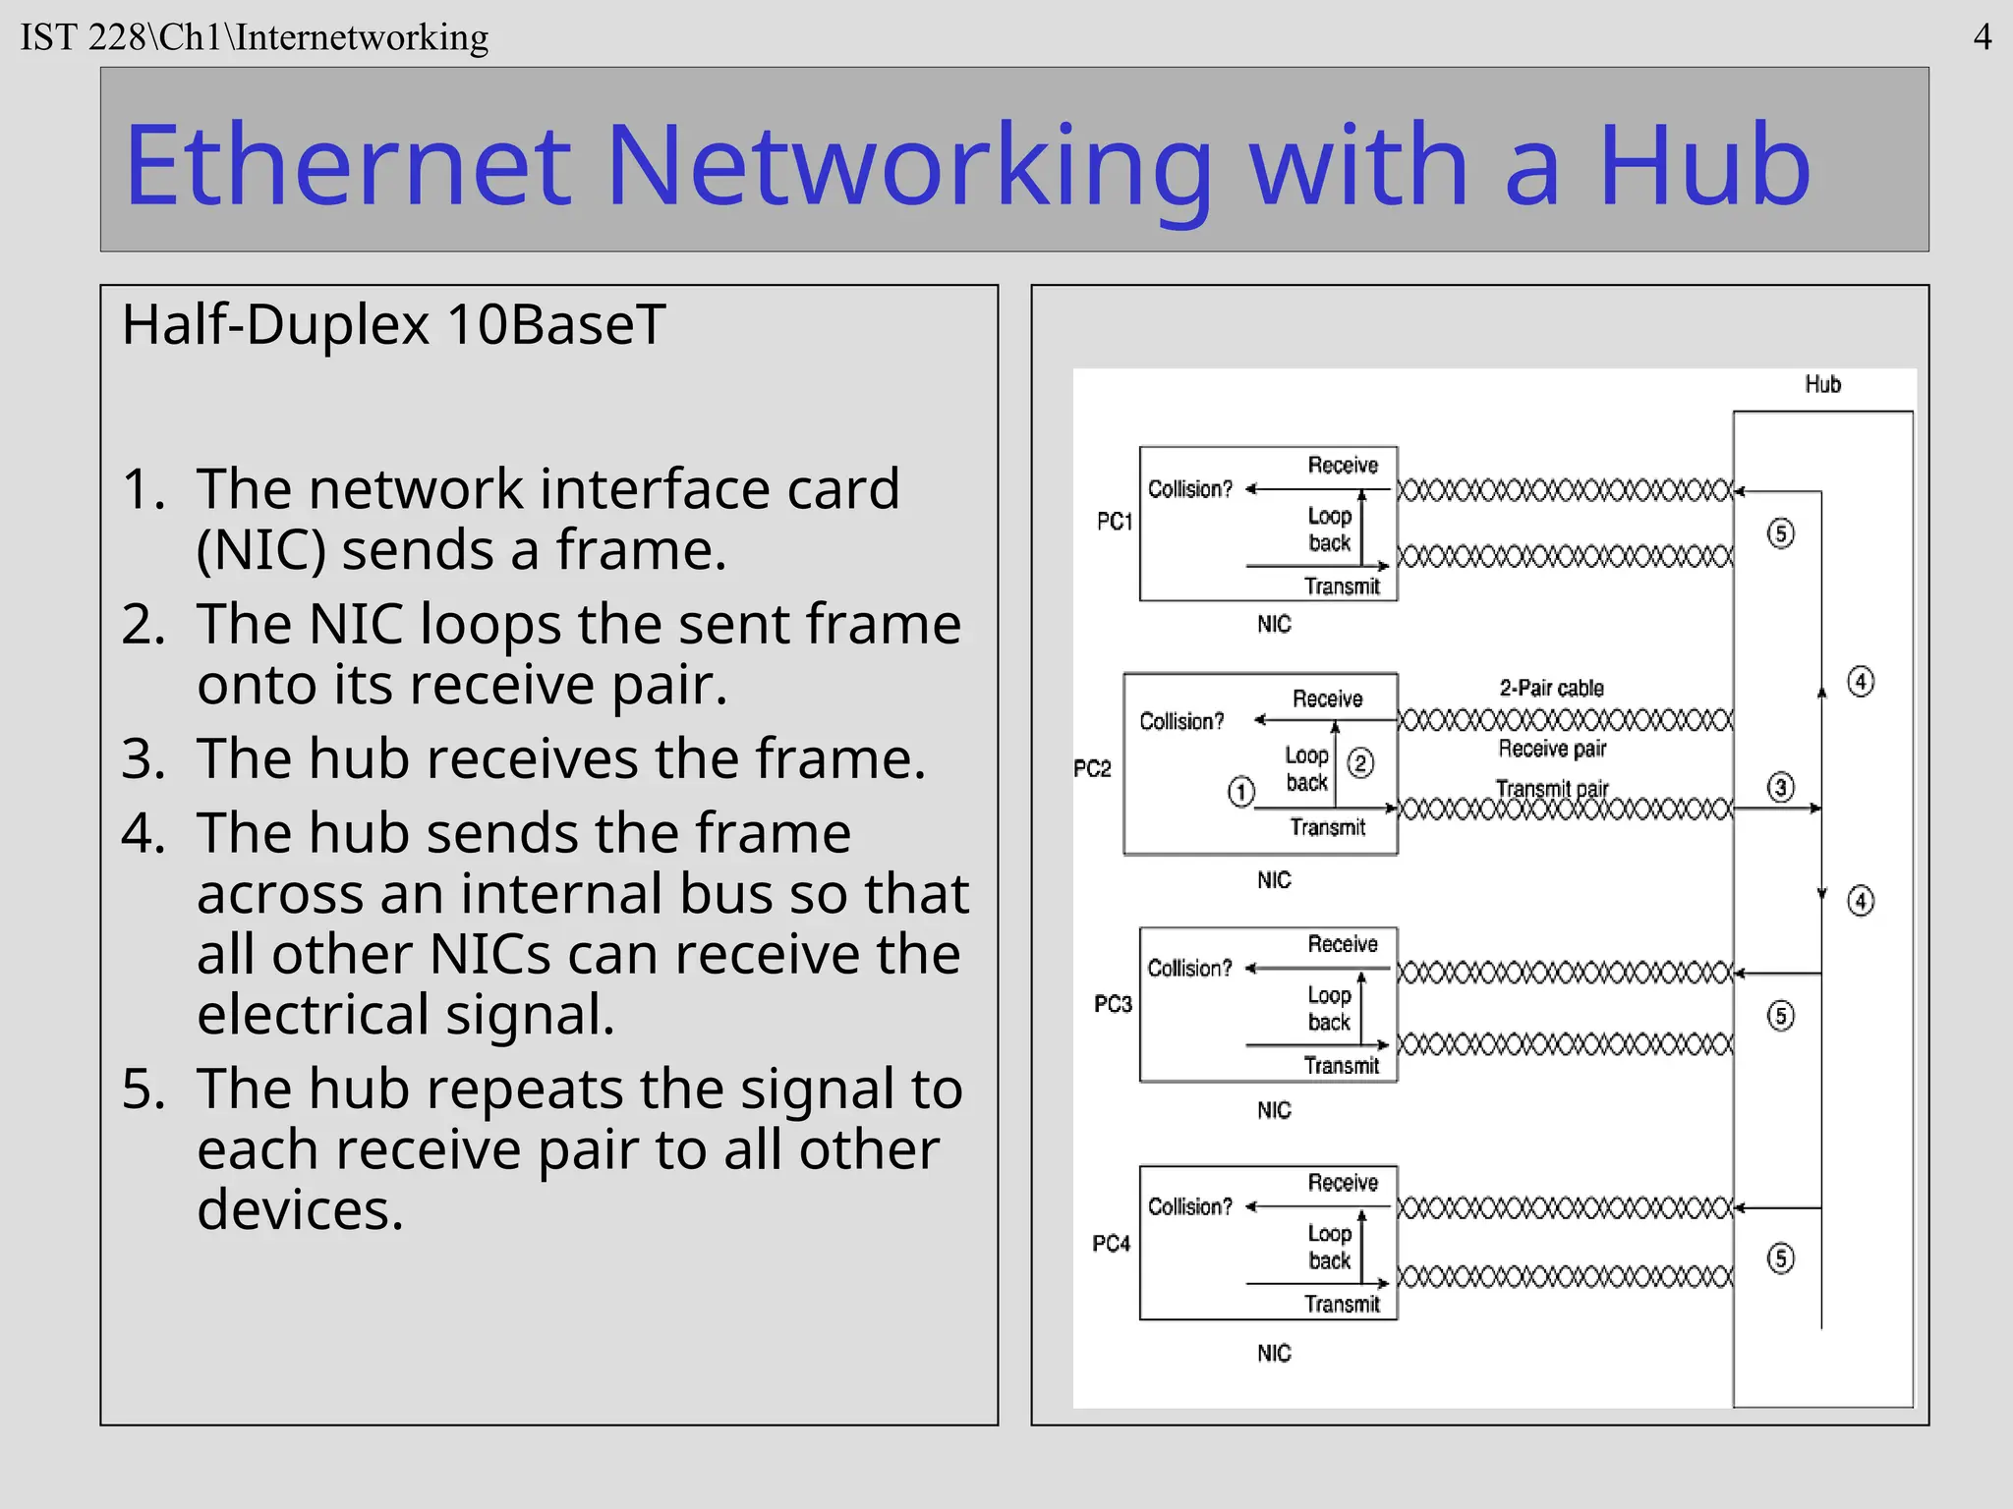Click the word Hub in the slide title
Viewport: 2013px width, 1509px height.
pyautogui.click(x=1703, y=165)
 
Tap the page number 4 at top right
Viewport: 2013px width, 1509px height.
pyautogui.click(x=1983, y=37)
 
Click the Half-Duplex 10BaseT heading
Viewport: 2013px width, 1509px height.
pyautogui.click(x=393, y=324)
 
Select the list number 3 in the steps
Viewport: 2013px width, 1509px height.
pyautogui.click(x=144, y=759)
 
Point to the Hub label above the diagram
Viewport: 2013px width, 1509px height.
pyautogui.click(x=1822, y=384)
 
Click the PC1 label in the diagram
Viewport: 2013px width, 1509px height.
pyautogui.click(x=1115, y=521)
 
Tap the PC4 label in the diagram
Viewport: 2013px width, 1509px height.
pyautogui.click(x=1112, y=1244)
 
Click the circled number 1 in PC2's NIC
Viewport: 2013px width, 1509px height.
pyautogui.click(x=1241, y=791)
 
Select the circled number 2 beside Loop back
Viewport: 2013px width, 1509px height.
pyautogui.click(x=1360, y=763)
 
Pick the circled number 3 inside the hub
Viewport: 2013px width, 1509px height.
pyautogui.click(x=1780, y=787)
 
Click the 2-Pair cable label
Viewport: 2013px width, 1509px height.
pyautogui.click(x=1551, y=688)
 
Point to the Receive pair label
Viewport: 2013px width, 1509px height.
pyautogui.click(x=1551, y=749)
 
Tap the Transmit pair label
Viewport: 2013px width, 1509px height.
pyautogui.click(x=1551, y=788)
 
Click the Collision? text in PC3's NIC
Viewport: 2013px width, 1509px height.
pyautogui.click(x=1189, y=968)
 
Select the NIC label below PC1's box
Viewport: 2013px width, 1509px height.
pyautogui.click(x=1274, y=624)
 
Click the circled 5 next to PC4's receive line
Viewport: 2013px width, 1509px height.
pyautogui.click(x=1780, y=1258)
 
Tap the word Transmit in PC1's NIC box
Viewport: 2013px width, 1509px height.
pyautogui.click(x=1342, y=587)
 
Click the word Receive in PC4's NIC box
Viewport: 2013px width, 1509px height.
pyautogui.click(x=1343, y=1183)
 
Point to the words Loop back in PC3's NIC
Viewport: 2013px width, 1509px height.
pyautogui.click(x=1329, y=1009)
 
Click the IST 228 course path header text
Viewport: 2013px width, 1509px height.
pyautogui.click(x=255, y=37)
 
